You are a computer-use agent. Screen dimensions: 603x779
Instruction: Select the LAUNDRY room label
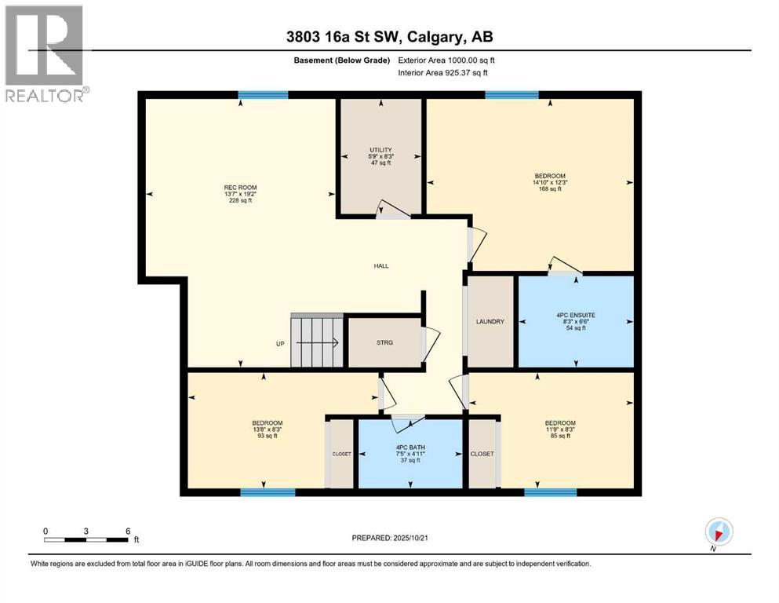point(490,322)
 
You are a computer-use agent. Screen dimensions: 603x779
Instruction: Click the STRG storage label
point(384,342)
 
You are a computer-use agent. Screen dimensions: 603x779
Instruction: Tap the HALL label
point(381,265)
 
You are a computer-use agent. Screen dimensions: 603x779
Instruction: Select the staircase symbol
point(317,342)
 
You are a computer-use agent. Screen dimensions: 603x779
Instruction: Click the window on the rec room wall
point(263,95)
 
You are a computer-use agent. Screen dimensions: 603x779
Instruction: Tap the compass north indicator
point(719,532)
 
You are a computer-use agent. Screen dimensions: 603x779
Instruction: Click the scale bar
point(86,539)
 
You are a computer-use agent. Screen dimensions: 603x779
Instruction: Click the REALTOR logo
point(45,53)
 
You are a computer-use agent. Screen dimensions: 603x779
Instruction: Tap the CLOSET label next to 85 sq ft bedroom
point(481,454)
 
